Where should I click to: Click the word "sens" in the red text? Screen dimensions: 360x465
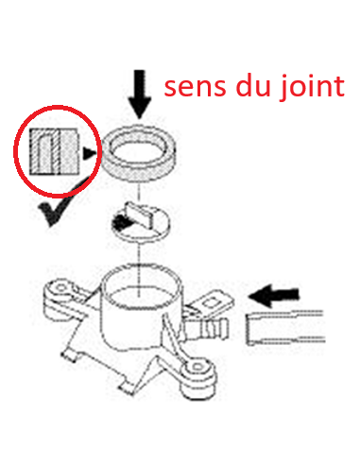pyautogui.click(x=195, y=86)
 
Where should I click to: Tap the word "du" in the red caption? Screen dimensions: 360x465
pyautogui.click(x=253, y=84)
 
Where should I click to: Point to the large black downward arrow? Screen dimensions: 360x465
pyautogui.click(x=140, y=95)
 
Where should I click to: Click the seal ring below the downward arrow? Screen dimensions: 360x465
pyautogui.click(x=139, y=153)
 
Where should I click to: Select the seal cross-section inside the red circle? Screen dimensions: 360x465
pyautogui.click(x=54, y=151)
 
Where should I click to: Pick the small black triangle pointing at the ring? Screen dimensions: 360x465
pyautogui.click(x=89, y=153)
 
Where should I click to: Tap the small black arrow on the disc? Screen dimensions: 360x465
pyautogui.click(x=121, y=222)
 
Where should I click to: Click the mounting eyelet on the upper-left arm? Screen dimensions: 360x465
pyautogui.click(x=60, y=288)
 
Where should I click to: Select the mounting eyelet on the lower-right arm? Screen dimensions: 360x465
pyautogui.click(x=197, y=367)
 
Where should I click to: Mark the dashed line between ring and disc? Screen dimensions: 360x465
pyautogui.click(x=139, y=193)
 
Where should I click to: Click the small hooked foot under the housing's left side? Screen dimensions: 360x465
pyautogui.click(x=69, y=355)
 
